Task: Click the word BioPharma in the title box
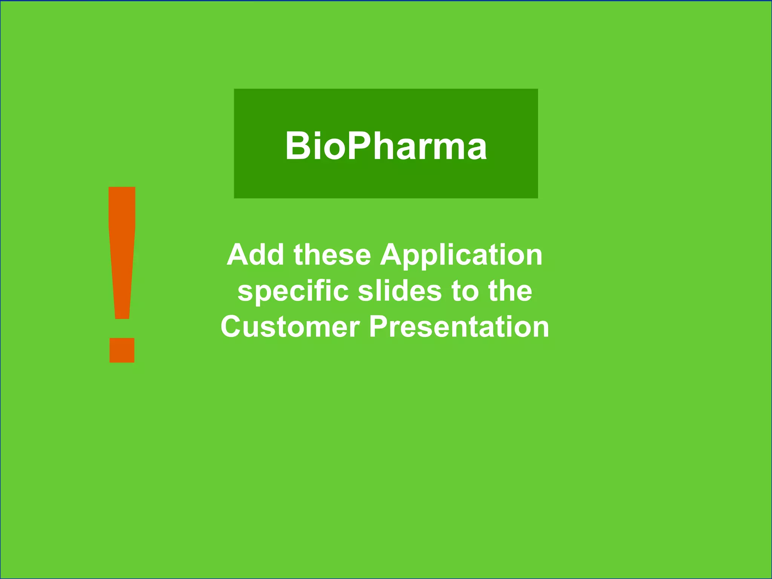coord(386,146)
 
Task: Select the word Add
coord(255,255)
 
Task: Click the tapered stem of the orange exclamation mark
coord(122,253)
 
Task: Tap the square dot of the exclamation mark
coord(122,350)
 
